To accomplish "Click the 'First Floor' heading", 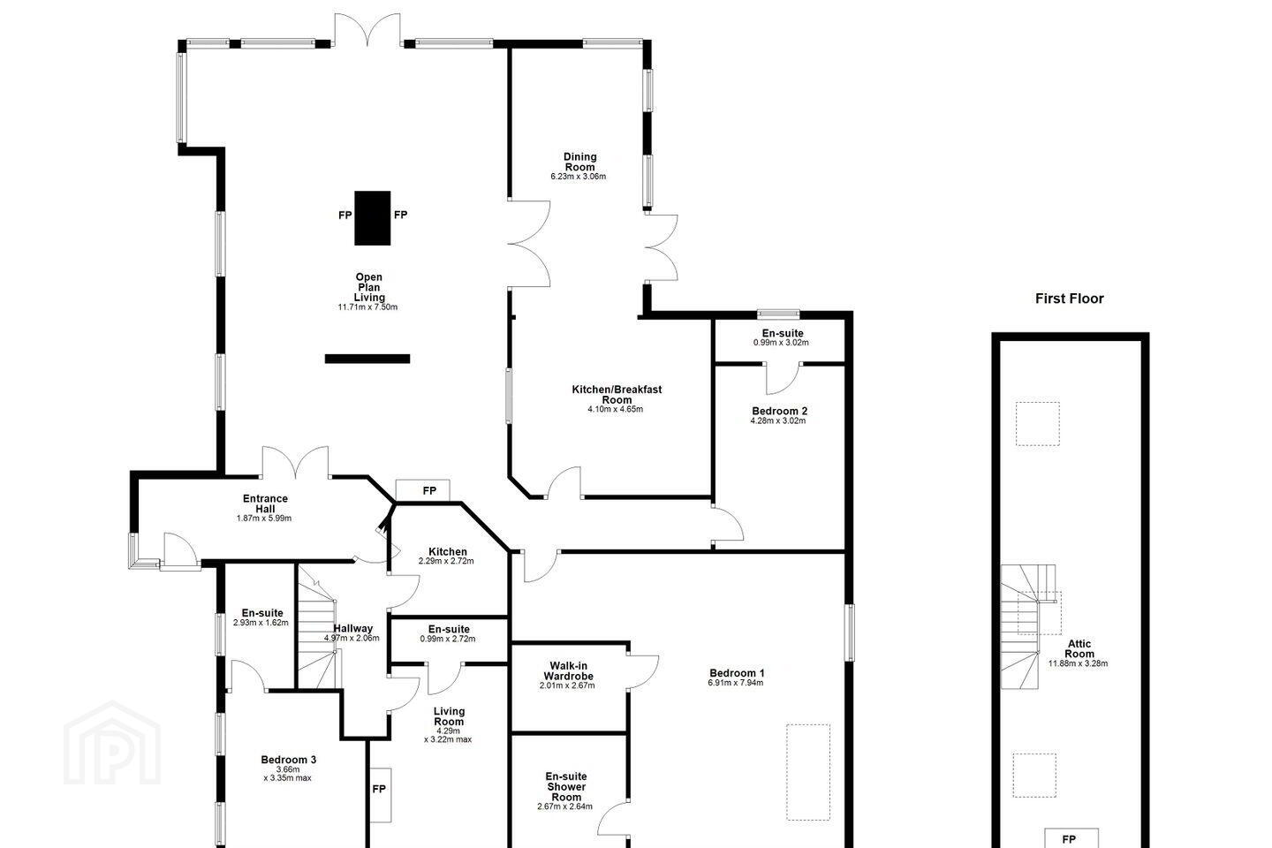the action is (x=1069, y=299).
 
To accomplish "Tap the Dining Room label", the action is (x=579, y=162).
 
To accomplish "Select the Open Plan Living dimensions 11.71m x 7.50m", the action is (x=367, y=307).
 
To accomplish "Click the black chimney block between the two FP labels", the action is (x=373, y=218).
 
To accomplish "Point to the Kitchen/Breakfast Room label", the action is (x=617, y=394).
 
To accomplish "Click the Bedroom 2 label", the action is (x=779, y=411).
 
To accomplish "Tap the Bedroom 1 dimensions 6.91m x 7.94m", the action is (x=735, y=683).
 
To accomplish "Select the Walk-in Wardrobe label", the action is (x=569, y=670).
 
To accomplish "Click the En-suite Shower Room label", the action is (x=566, y=787).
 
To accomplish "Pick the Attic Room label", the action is (x=1079, y=648).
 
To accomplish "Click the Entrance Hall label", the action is (x=265, y=503).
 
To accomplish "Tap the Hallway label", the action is (x=352, y=628).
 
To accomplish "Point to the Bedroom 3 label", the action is (x=289, y=760).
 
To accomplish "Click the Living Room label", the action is (x=449, y=716).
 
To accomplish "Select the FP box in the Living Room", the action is (x=380, y=795).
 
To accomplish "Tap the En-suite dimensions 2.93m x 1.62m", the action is (x=261, y=623).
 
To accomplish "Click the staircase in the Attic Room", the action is (x=1028, y=626).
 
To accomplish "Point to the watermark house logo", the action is (x=112, y=743).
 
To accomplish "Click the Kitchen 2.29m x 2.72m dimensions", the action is (x=446, y=561).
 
